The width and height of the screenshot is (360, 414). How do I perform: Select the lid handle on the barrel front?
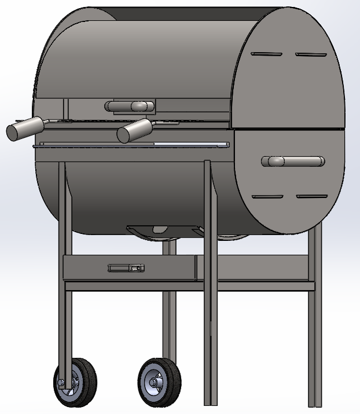click(130, 106)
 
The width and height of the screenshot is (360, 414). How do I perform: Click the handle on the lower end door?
click(293, 162)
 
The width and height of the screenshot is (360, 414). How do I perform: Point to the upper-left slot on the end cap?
click(266, 55)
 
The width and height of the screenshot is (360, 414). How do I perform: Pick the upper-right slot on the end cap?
click(311, 55)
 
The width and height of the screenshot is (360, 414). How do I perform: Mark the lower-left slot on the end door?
click(267, 197)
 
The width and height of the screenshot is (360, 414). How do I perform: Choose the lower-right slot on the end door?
click(312, 196)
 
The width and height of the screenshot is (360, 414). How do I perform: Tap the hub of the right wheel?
click(155, 382)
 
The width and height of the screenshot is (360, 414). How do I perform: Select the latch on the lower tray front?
click(126, 268)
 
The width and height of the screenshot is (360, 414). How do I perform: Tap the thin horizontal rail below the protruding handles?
click(133, 145)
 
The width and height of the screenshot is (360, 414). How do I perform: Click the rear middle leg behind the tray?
click(168, 324)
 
